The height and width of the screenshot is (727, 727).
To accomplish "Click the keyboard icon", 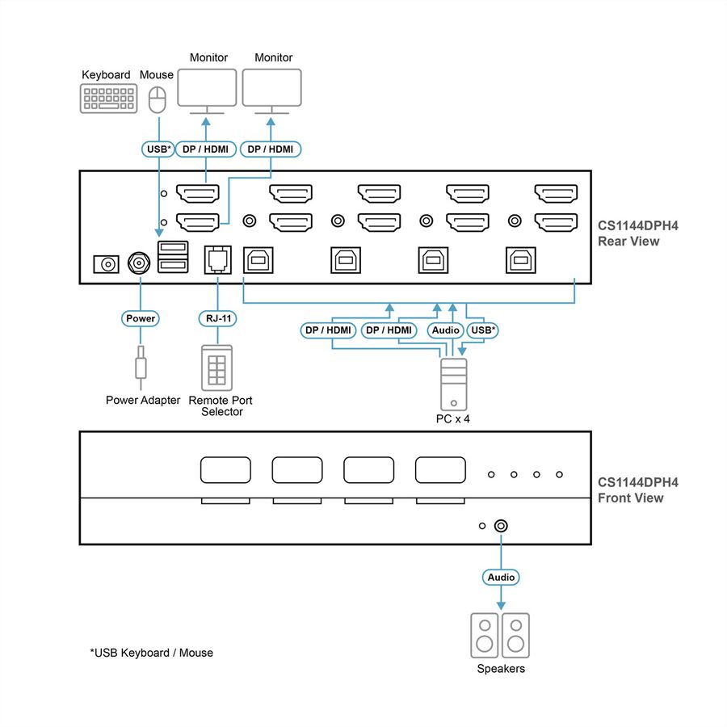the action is (108, 99).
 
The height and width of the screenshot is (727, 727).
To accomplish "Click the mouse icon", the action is (158, 99).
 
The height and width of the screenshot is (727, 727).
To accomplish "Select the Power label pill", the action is (141, 318).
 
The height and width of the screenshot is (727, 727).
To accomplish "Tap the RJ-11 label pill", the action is (218, 318).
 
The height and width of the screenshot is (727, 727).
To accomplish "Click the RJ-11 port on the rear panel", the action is (217, 259).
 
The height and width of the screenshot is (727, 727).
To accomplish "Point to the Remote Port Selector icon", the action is (217, 368).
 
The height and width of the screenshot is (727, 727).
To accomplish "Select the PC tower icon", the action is (453, 385).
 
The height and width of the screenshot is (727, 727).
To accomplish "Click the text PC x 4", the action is (453, 419).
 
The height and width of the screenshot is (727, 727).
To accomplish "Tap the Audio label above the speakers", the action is (501, 578).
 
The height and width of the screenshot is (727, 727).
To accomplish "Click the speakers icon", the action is (500, 636).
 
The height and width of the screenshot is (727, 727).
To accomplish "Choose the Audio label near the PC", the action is (446, 330).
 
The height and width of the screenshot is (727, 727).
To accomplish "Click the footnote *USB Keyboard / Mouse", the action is (152, 653).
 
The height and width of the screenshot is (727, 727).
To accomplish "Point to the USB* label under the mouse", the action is (158, 149).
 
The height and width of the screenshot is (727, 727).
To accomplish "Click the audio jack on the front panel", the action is (501, 526).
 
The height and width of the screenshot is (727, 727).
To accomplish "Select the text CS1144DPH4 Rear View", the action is (637, 233).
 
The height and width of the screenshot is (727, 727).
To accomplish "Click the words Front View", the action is (631, 498).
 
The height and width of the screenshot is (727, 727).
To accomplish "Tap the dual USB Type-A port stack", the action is (173, 256).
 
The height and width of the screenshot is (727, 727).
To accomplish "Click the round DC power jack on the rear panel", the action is (139, 263).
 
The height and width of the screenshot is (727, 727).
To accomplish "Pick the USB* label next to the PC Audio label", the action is (482, 330).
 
